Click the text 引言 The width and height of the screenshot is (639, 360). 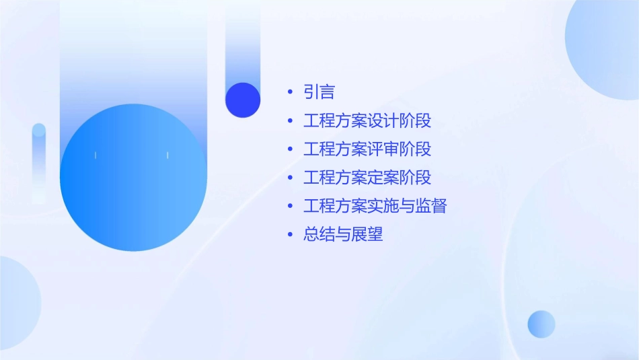319,92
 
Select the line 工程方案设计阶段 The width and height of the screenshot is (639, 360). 367,121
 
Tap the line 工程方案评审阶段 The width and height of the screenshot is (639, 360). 367,149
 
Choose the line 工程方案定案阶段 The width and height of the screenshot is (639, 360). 367,178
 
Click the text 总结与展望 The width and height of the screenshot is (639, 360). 343,235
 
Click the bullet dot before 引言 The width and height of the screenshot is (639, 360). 290,92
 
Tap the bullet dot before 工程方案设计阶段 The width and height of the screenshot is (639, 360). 290,121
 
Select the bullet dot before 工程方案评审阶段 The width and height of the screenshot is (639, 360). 290,149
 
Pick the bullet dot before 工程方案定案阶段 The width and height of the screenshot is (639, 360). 290,178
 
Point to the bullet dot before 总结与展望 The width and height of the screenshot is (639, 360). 290,235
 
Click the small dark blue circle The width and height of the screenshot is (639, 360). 243,100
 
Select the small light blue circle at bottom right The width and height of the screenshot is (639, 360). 541,324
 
